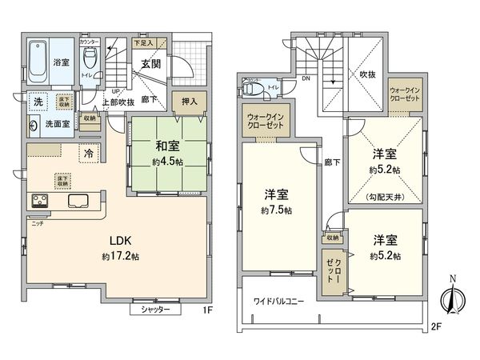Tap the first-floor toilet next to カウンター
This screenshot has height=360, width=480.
[x=90, y=58]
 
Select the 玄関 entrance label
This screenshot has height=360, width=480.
[x=152, y=64]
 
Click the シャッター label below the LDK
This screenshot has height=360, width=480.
[x=155, y=309]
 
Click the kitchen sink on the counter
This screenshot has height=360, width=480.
[x=79, y=201]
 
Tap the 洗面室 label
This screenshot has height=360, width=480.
[x=56, y=124]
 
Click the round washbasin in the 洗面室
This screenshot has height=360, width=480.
[x=34, y=126]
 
